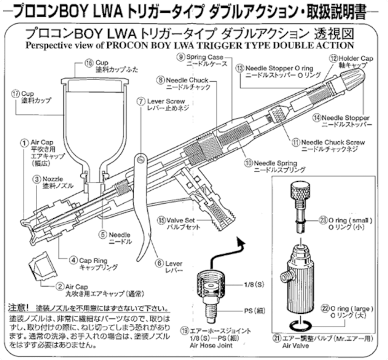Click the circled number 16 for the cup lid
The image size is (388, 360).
point(89,62)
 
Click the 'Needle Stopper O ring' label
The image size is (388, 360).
point(279,68)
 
